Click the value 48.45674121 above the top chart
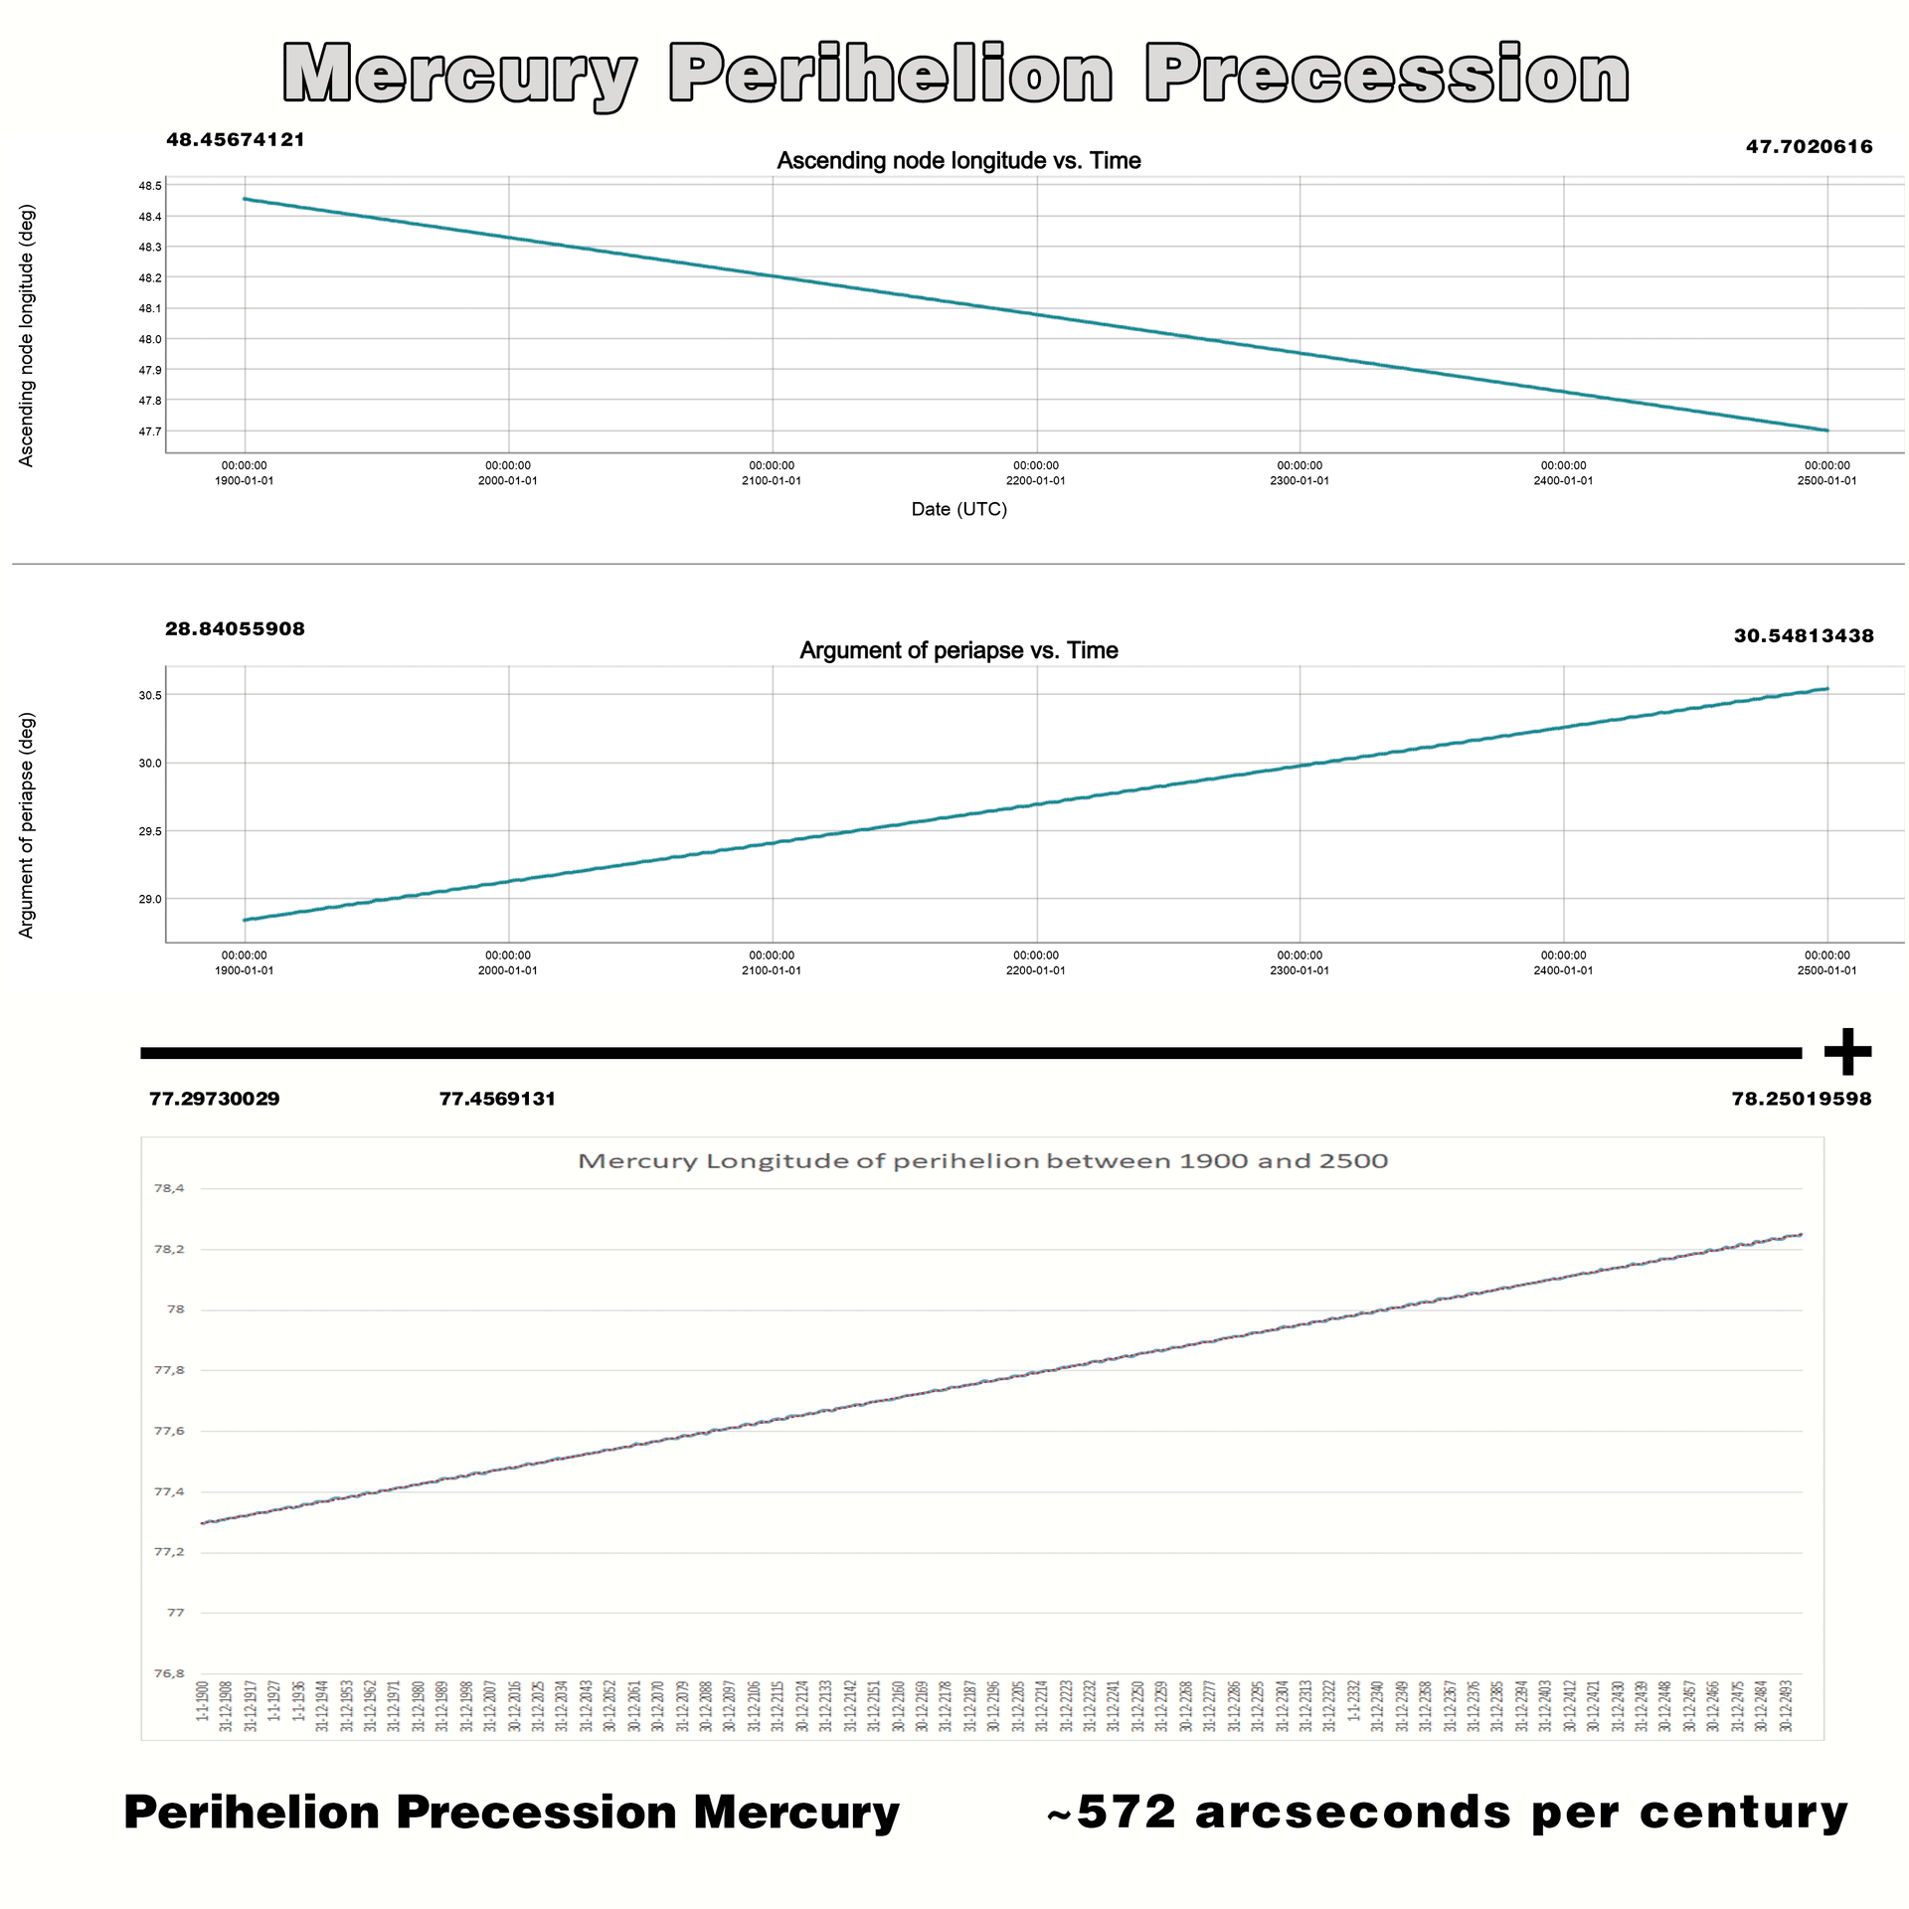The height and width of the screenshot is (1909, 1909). (x=236, y=140)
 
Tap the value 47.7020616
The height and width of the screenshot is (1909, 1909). (x=1809, y=147)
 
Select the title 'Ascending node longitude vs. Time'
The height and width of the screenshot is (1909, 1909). (x=958, y=161)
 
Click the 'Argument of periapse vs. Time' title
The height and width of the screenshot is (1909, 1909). (x=958, y=650)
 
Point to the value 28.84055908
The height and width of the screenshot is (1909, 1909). (x=235, y=629)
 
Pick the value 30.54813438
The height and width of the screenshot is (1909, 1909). (x=1804, y=636)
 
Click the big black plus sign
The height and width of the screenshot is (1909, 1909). (x=1847, y=1052)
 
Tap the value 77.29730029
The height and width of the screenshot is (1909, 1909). (x=215, y=1099)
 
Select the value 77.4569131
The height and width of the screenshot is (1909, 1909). (x=497, y=1099)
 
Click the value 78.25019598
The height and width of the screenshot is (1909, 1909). (x=1801, y=1099)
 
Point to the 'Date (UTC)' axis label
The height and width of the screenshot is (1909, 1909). (x=958, y=509)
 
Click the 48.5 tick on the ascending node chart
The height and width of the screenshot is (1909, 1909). (x=150, y=186)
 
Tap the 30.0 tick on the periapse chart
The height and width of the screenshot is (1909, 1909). (x=150, y=763)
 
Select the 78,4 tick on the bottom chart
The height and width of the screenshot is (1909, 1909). (x=169, y=1188)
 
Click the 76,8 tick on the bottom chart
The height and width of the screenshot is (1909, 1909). (x=169, y=1673)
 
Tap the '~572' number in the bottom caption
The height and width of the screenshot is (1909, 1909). (x=1111, y=1812)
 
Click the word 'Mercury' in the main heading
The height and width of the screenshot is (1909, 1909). (x=458, y=75)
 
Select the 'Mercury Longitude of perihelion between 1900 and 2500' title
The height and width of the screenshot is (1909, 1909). (x=982, y=1161)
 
